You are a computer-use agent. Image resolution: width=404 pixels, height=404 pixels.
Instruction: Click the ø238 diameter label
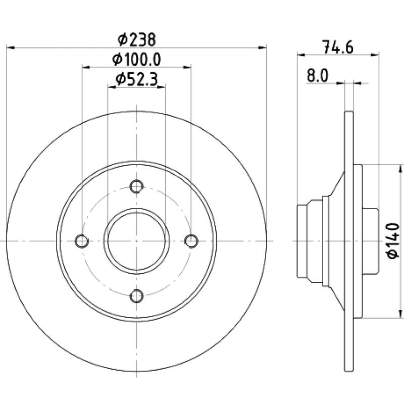pyautogui.click(x=136, y=40)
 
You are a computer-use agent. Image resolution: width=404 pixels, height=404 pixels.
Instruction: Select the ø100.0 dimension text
pyautogui.click(x=136, y=60)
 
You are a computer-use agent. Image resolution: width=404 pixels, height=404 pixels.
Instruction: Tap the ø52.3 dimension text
pyautogui.click(x=136, y=79)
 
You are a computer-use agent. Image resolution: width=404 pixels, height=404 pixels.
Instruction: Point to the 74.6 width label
pyautogui.click(x=338, y=47)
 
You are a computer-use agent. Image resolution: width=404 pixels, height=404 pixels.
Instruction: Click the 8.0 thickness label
pyautogui.click(x=318, y=76)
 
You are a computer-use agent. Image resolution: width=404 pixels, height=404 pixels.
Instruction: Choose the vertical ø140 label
pyautogui.click(x=393, y=241)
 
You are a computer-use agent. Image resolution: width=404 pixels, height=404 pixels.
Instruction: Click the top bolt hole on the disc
pyautogui.click(x=136, y=186)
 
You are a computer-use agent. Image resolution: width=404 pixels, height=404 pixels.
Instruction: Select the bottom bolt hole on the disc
pyautogui.click(x=136, y=296)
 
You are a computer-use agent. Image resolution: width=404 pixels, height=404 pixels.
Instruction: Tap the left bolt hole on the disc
pyautogui.click(x=82, y=241)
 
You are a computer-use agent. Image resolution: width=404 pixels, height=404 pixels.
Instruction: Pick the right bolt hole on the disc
pyautogui.click(x=191, y=241)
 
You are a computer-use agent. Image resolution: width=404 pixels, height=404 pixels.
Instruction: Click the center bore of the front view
pyautogui.click(x=136, y=241)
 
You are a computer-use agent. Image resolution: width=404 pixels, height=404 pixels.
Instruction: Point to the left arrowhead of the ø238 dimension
pyautogui.click(x=10, y=47)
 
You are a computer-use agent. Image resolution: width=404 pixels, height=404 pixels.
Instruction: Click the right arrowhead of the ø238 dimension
pyautogui.click(x=263, y=47)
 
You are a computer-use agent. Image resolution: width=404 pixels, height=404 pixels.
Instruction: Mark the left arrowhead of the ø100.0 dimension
pyautogui.click(x=86, y=68)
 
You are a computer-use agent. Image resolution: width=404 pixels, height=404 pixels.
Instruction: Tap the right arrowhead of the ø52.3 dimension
pyautogui.click(x=161, y=87)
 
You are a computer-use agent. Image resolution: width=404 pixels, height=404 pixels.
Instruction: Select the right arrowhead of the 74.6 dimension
pyautogui.click(x=375, y=55)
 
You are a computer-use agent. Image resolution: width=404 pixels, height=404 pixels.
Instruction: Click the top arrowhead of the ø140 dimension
pyautogui.click(x=400, y=169)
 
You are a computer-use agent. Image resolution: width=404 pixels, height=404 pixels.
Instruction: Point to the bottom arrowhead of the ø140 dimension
pyautogui.click(x=400, y=314)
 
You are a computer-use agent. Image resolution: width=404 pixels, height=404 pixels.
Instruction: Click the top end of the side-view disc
pyautogui.click(x=349, y=112)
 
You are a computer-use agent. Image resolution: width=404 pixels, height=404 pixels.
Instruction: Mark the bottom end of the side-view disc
pyautogui.click(x=349, y=371)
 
